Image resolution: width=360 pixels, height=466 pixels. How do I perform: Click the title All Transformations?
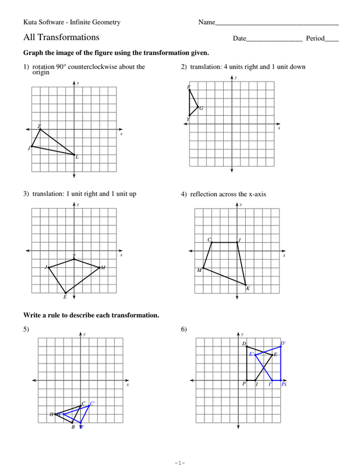coord(61,37)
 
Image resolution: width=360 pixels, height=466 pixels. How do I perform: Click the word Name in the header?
coord(207,23)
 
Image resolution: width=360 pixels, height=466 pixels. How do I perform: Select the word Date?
coord(239,38)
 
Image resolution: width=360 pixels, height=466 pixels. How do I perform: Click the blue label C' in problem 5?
coord(92,403)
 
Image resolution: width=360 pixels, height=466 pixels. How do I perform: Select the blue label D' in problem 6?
coord(283,344)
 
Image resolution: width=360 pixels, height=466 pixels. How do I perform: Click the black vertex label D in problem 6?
coord(244,344)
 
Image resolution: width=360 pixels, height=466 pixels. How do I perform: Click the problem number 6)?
coord(183,330)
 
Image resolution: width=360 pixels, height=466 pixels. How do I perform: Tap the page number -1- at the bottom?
coord(179,463)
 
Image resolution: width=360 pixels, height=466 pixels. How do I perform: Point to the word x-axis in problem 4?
coord(255,194)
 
